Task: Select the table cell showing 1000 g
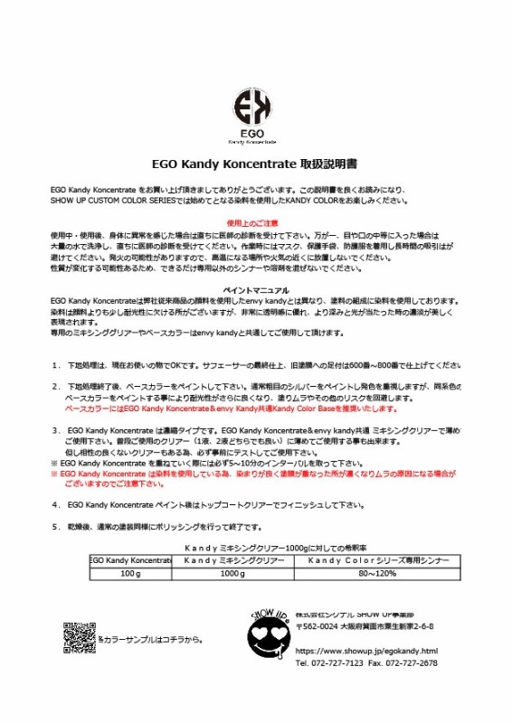[x=232, y=573]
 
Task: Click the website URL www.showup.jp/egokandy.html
[x=367, y=650]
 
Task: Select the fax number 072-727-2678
[x=412, y=662]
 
